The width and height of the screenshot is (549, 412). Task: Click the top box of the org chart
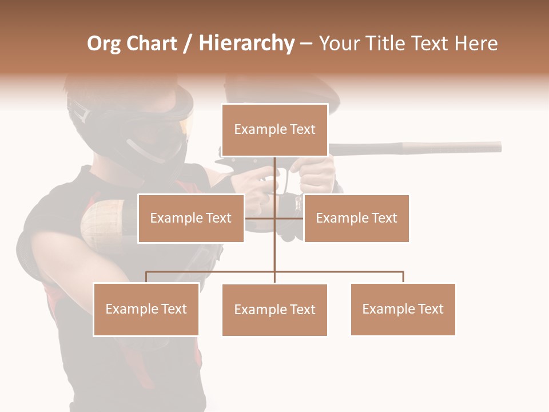[x=274, y=130]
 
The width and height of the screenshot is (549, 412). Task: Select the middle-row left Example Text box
[x=190, y=218]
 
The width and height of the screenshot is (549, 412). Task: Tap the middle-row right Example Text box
[x=356, y=218]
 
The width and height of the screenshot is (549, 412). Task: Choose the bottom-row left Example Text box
[x=146, y=309]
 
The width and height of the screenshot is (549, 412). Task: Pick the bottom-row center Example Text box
[x=274, y=310]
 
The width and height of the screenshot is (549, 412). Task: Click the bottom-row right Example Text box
[x=403, y=309]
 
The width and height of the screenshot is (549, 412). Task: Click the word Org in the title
[x=104, y=43]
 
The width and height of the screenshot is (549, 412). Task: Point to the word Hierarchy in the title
[x=246, y=43]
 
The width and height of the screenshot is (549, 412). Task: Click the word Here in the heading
[x=476, y=43]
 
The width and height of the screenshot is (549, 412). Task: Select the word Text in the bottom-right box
[x=430, y=309]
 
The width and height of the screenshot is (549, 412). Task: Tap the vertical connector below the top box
[x=274, y=177]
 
